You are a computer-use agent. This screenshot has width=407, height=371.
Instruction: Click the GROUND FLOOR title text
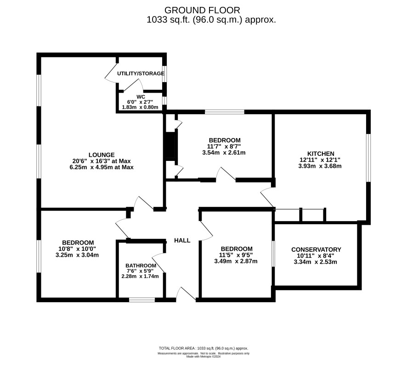[x=202, y=11]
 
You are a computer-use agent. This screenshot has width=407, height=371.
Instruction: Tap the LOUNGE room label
[x=102, y=155]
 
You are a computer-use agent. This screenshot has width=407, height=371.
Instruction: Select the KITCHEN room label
[x=321, y=154]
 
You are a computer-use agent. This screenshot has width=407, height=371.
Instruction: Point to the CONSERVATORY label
[x=316, y=249]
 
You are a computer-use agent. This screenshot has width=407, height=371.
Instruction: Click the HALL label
[x=182, y=240]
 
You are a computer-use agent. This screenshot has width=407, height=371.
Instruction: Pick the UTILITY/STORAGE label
[x=141, y=73]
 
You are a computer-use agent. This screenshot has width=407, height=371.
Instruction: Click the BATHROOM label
[x=141, y=266]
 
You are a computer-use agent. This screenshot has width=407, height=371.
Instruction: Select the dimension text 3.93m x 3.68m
[x=320, y=166]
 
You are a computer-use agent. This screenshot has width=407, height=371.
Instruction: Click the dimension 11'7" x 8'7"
[x=224, y=146]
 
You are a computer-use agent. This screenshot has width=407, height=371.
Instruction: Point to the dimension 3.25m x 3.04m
[x=77, y=255]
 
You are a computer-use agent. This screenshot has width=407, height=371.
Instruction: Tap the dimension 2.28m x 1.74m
[x=140, y=276]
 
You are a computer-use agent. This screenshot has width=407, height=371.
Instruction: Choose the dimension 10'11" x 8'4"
[x=316, y=256]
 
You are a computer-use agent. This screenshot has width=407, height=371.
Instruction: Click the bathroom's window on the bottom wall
[x=142, y=300]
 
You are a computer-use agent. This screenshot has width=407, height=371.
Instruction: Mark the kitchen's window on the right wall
[x=368, y=158]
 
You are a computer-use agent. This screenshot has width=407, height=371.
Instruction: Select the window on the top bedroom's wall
[x=225, y=112]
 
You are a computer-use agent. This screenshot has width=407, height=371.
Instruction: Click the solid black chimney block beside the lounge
[x=170, y=145]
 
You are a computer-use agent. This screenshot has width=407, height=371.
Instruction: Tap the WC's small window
[x=164, y=100]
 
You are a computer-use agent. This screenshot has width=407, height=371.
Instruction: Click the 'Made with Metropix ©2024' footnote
[x=203, y=356]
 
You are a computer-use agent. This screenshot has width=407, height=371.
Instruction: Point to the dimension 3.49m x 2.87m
[x=236, y=261]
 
